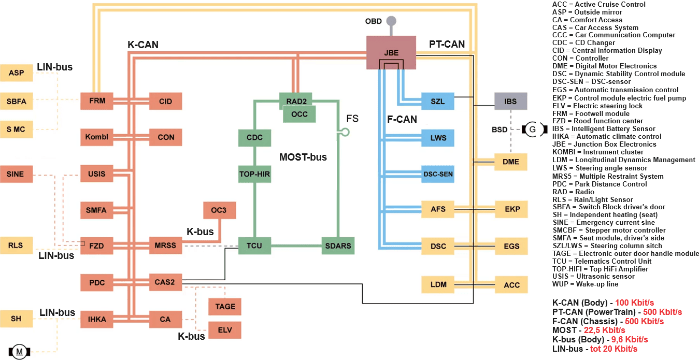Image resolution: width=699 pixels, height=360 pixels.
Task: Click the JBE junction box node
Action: (391, 52)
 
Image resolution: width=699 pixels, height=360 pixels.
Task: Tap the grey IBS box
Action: (510, 102)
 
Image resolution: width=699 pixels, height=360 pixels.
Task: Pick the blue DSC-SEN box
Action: (438, 174)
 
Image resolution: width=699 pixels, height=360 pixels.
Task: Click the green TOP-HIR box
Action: (254, 174)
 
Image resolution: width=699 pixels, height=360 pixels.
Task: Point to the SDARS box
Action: (337, 246)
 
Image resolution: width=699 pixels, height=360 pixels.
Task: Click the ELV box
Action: (224, 330)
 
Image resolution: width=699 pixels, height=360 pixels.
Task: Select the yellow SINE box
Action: (16, 174)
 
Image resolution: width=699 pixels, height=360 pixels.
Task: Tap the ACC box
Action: (511, 285)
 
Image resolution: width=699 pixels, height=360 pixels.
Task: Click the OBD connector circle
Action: (391, 21)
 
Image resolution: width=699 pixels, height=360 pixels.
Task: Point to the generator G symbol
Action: (532, 128)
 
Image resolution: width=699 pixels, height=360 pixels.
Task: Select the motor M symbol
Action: (20, 352)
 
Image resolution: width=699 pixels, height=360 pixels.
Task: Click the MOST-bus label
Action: (303, 157)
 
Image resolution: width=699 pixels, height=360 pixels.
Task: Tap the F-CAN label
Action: (402, 120)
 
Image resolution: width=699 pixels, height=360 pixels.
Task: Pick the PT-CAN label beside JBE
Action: (447, 45)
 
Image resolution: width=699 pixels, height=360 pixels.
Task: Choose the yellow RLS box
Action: (16, 246)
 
